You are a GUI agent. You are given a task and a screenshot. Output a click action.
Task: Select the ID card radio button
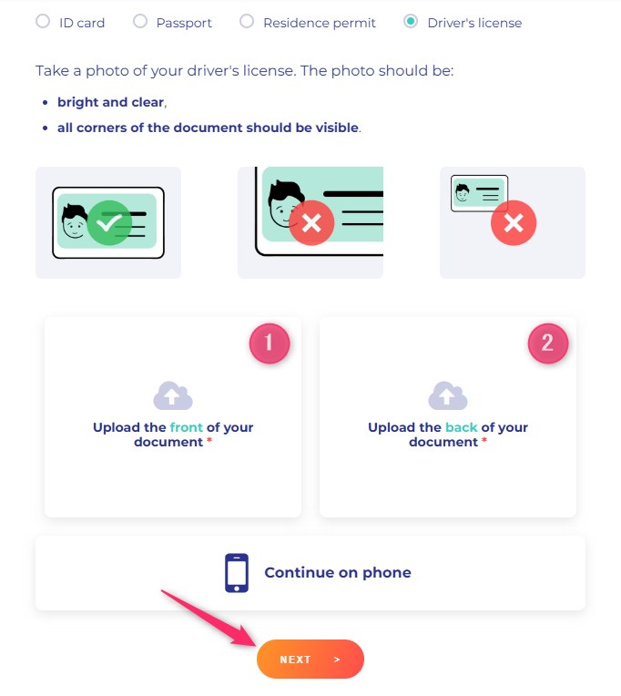(43, 21)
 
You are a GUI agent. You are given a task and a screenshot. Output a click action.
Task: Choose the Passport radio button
(140, 21)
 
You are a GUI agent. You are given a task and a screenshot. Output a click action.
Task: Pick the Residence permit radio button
(247, 21)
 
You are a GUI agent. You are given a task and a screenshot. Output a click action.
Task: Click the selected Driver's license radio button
(411, 21)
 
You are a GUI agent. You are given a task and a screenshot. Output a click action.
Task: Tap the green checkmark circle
(109, 223)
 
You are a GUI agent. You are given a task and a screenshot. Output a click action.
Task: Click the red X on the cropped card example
(311, 223)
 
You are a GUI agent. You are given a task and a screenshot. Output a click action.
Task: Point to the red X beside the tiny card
(514, 223)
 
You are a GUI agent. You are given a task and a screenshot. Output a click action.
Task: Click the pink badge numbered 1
(270, 343)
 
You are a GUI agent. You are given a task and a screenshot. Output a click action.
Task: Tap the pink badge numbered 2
(548, 343)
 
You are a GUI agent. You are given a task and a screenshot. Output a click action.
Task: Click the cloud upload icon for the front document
(173, 395)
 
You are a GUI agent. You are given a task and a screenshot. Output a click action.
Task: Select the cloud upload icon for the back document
(448, 395)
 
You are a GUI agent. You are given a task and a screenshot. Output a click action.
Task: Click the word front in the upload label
(187, 427)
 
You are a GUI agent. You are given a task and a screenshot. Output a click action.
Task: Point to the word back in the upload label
(462, 427)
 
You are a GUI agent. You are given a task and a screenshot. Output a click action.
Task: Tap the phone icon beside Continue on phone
(237, 573)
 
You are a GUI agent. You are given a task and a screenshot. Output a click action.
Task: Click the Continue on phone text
(338, 573)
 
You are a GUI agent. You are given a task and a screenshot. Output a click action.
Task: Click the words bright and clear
(111, 102)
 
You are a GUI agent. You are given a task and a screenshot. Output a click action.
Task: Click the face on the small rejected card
(463, 192)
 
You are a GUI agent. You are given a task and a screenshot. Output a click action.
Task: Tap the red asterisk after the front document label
(209, 440)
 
